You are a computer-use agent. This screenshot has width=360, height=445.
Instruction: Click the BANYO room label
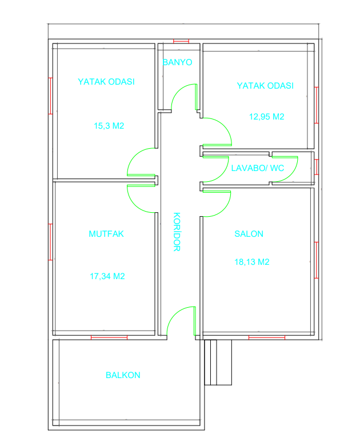click(178, 62)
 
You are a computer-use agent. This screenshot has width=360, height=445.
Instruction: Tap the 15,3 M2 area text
click(109, 126)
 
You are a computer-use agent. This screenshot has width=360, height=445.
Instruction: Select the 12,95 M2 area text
click(267, 117)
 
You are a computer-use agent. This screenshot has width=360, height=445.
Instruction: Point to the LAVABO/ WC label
click(258, 168)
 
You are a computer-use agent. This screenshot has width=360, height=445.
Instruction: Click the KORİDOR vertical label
click(177, 232)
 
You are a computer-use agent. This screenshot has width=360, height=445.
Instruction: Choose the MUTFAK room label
click(106, 234)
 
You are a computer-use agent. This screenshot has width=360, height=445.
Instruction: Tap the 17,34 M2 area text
click(107, 276)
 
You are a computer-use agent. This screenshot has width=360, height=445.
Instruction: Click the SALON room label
click(249, 234)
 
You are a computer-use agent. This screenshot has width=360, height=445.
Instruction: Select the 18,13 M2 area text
click(252, 262)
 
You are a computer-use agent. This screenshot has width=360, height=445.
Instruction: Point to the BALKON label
click(123, 375)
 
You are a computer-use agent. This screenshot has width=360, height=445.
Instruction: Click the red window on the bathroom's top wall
click(181, 41)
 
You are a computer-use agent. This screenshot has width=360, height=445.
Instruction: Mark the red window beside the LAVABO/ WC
click(317, 167)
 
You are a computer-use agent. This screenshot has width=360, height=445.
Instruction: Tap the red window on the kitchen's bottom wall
click(109, 337)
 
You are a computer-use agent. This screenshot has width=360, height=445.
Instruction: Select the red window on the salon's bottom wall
click(267, 337)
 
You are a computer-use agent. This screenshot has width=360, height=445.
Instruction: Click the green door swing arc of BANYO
click(177, 91)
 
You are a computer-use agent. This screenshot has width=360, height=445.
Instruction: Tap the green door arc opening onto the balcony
click(174, 314)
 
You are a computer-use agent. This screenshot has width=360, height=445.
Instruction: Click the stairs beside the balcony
click(218, 363)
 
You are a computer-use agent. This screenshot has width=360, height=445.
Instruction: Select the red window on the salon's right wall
click(317, 260)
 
